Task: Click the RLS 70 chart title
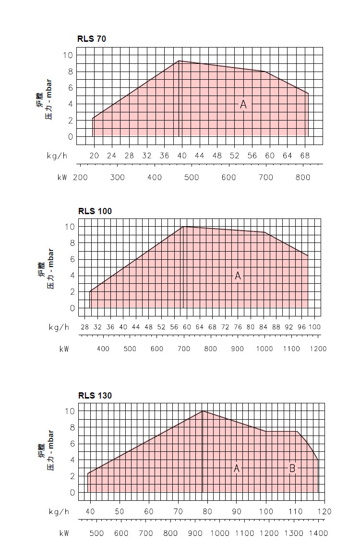point(92,39)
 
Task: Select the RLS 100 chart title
point(95,211)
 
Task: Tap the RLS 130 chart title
point(95,396)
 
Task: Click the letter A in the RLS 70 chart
point(243,104)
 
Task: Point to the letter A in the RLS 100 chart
point(238,276)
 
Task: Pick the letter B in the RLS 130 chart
point(292,468)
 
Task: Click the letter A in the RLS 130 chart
point(237,468)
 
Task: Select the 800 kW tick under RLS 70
point(303,177)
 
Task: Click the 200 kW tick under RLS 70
point(80,177)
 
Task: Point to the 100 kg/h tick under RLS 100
point(314,327)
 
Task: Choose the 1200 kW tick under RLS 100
point(318,349)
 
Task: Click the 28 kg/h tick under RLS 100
point(84,327)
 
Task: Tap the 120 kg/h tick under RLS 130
point(324,511)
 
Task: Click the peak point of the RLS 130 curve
point(203,411)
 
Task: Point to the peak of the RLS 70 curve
point(179,61)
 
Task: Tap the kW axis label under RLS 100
point(64,349)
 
